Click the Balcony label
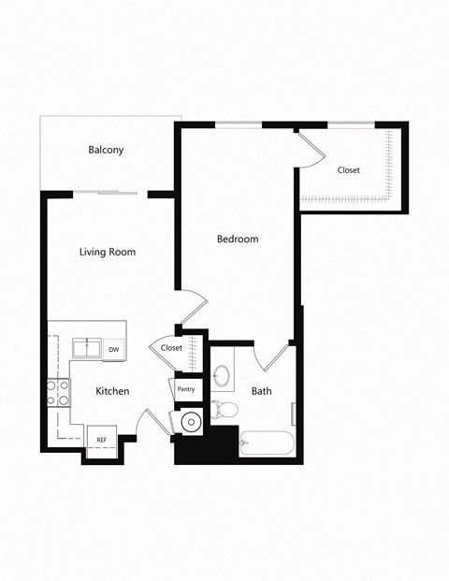(x=106, y=150)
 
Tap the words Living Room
(x=108, y=252)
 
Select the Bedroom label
(x=238, y=239)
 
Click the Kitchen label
(x=111, y=390)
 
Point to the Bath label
(x=261, y=390)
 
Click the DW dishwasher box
(x=114, y=349)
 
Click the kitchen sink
(x=88, y=348)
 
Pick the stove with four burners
(x=58, y=393)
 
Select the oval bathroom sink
(x=223, y=376)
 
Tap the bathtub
(x=268, y=443)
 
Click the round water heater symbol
(x=190, y=422)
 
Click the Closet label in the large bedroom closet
(x=349, y=169)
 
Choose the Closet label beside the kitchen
(x=171, y=347)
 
